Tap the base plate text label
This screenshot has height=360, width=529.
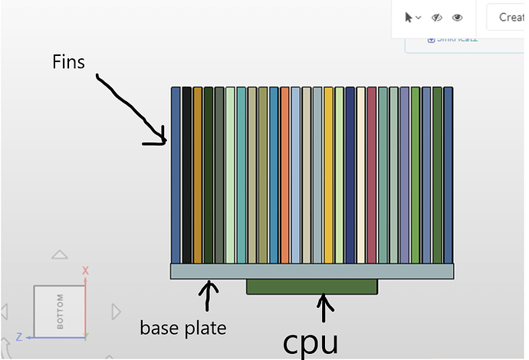(x=182, y=328)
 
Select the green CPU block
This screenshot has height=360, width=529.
(x=311, y=286)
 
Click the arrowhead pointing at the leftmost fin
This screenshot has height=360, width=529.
(x=162, y=139)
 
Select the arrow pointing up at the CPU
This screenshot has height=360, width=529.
(x=326, y=309)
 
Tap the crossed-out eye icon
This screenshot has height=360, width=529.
(x=437, y=17)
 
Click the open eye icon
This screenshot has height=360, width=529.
(x=457, y=17)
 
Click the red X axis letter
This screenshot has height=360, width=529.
(x=86, y=270)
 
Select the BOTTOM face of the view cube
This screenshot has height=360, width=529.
(x=59, y=310)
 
